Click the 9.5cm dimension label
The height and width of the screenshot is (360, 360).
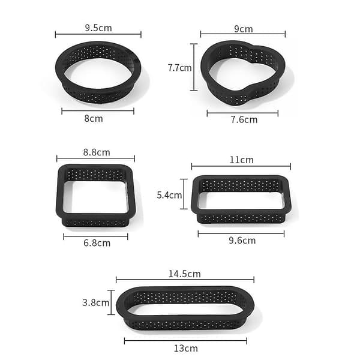pos(98,28)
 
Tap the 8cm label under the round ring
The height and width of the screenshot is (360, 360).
pos(94,119)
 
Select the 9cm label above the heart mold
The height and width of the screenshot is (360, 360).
pos(244,29)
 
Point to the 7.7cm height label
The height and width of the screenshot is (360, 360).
pos(179,68)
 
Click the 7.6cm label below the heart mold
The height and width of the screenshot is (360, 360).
pos(244,119)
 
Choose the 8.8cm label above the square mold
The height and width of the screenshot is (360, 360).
pos(97,152)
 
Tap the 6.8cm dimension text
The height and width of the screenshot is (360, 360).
pos(97,243)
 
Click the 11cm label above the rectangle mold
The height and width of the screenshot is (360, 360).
pos(242,160)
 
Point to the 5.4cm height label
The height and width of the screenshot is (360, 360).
pos(169,195)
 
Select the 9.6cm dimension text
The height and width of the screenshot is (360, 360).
pos(242,241)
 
